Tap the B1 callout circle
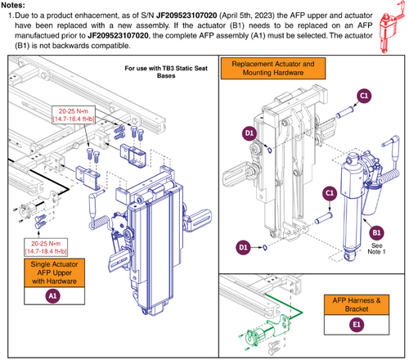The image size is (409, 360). pos(377,233)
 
